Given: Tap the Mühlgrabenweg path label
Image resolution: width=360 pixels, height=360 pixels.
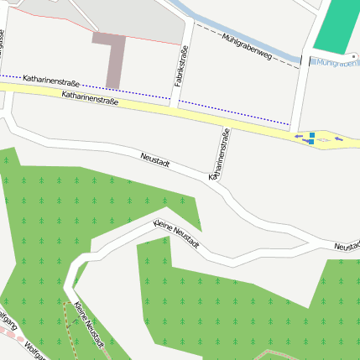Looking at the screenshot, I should point(248,46).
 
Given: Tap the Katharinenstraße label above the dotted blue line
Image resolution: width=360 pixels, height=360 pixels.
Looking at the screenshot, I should point(51,82).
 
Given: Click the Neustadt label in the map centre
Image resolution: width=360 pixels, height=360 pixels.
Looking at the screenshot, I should point(154,159).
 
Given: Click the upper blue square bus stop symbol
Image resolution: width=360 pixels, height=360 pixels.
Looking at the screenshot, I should point(312,134).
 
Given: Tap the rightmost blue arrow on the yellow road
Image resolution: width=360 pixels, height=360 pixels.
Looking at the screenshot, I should point(339,138).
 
